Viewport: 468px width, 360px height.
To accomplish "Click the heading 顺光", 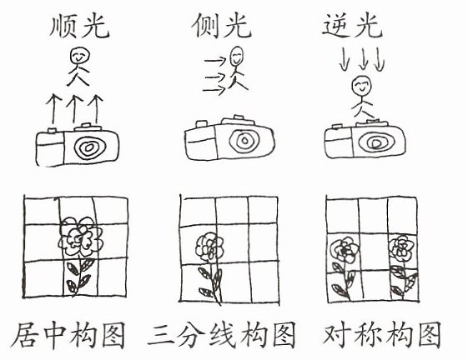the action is (x=80, y=26).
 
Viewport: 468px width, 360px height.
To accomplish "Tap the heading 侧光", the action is (x=221, y=26).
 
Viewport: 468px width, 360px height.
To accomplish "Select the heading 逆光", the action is (x=353, y=26).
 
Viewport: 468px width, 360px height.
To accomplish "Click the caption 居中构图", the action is (x=68, y=335).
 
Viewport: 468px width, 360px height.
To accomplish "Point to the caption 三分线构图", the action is (x=222, y=334).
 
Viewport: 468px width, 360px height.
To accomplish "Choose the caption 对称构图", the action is (x=382, y=334).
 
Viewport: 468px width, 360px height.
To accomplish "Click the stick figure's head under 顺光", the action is (x=79, y=56).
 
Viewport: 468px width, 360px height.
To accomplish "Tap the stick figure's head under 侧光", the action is (x=237, y=56).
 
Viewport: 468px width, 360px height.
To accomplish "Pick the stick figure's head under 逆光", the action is (x=361, y=85).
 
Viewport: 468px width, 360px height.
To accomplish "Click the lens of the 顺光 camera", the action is (x=89, y=147).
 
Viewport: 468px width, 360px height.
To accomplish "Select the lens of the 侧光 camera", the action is (x=244, y=140).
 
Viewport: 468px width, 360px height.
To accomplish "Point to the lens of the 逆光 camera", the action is (x=375, y=142).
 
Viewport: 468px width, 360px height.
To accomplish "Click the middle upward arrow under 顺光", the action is (x=74, y=109).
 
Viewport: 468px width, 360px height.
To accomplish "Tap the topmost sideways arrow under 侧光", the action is (x=215, y=61).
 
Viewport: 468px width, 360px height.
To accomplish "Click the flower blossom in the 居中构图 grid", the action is (x=81, y=236).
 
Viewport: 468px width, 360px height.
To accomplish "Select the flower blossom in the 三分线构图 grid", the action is (x=210, y=247).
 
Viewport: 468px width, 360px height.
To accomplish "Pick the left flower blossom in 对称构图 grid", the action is (x=345, y=250).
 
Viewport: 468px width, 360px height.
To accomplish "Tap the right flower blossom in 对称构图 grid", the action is (x=401, y=248).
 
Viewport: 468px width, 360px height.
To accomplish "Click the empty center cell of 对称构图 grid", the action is (x=374, y=252).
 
